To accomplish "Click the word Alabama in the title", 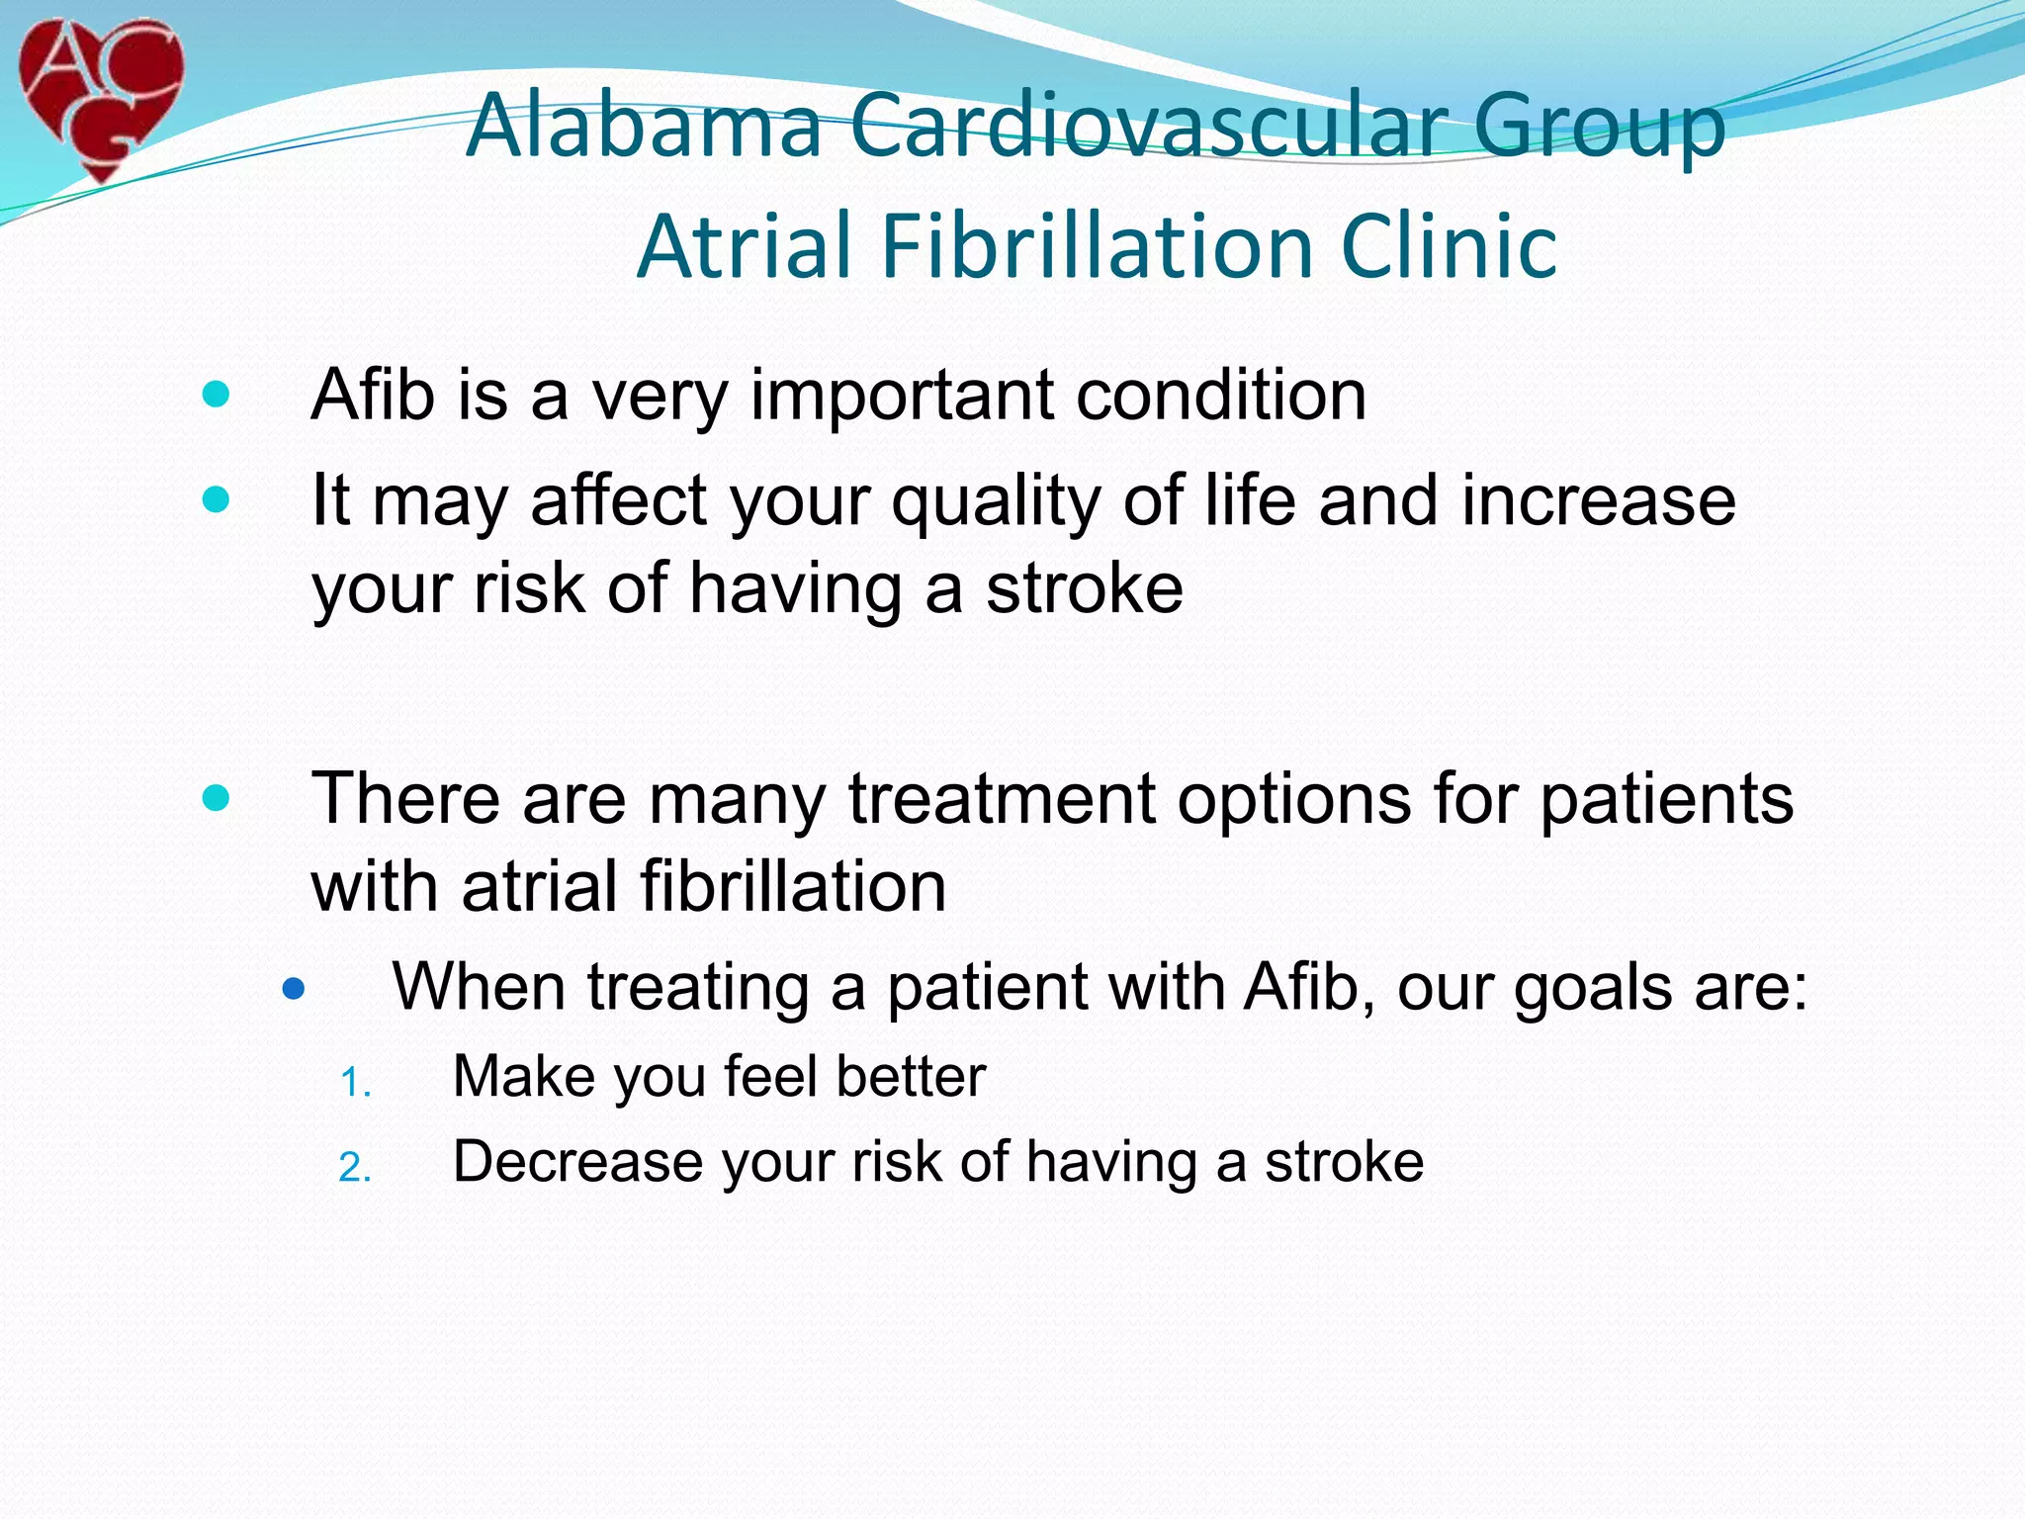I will click(644, 126).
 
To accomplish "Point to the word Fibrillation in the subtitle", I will click(1098, 246).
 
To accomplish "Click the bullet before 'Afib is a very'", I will click(216, 396).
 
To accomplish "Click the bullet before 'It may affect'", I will click(216, 500).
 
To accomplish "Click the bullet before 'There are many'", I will click(216, 798).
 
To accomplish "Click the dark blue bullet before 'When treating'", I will click(293, 988).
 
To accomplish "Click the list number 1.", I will click(354, 1084).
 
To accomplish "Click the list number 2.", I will click(354, 1169).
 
